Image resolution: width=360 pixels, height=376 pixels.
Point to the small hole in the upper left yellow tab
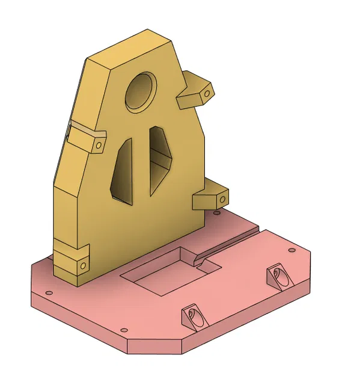click(99, 145)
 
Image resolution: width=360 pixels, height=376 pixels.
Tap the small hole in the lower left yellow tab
click(81, 264)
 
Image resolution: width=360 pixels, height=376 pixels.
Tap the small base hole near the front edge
click(124, 330)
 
